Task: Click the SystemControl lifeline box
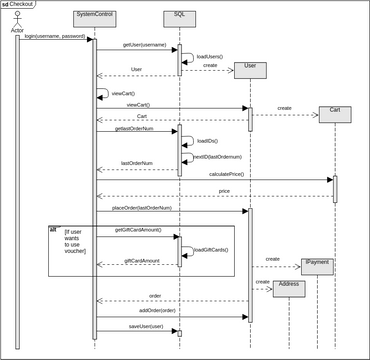pyautogui.click(x=95, y=17)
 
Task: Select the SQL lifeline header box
pyautogui.click(x=179, y=17)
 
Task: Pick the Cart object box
pyautogui.click(x=334, y=114)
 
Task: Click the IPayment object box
pyautogui.click(x=317, y=266)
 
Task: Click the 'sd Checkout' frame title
pyautogui.click(x=19, y=4)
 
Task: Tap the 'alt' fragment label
pyautogui.click(x=53, y=229)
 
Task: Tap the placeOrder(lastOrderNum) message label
pyautogui.click(x=142, y=207)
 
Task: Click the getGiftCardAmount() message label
pyautogui.click(x=138, y=230)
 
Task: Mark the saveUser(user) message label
pyautogui.click(x=145, y=326)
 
